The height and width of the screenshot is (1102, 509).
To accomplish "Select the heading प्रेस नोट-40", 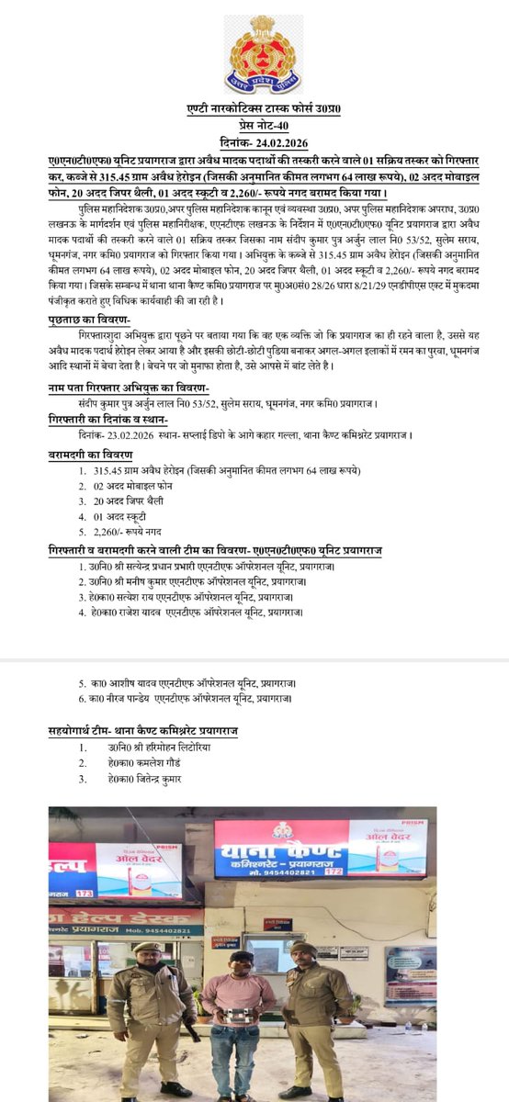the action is coord(254,125).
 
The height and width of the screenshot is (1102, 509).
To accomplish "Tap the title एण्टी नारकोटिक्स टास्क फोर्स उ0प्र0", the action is coord(254,110).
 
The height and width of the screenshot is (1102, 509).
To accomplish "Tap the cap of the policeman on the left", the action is coord(147,947).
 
